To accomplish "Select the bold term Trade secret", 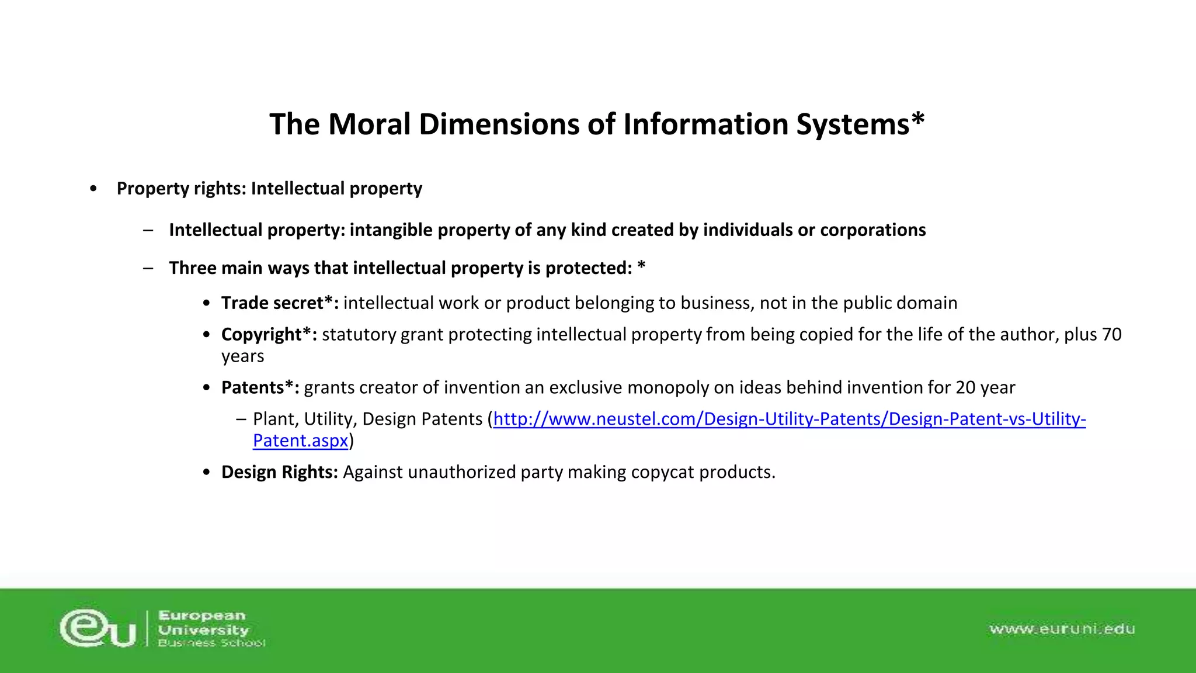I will (272, 303).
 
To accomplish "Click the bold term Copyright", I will (262, 335).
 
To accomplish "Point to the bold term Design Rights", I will (279, 472).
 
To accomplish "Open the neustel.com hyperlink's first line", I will (789, 419).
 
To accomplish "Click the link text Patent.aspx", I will (300, 440).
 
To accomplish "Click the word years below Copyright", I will (242, 356).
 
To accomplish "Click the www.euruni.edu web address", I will (1062, 629).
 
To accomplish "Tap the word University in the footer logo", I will (203, 630).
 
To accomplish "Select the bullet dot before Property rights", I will (93, 189).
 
